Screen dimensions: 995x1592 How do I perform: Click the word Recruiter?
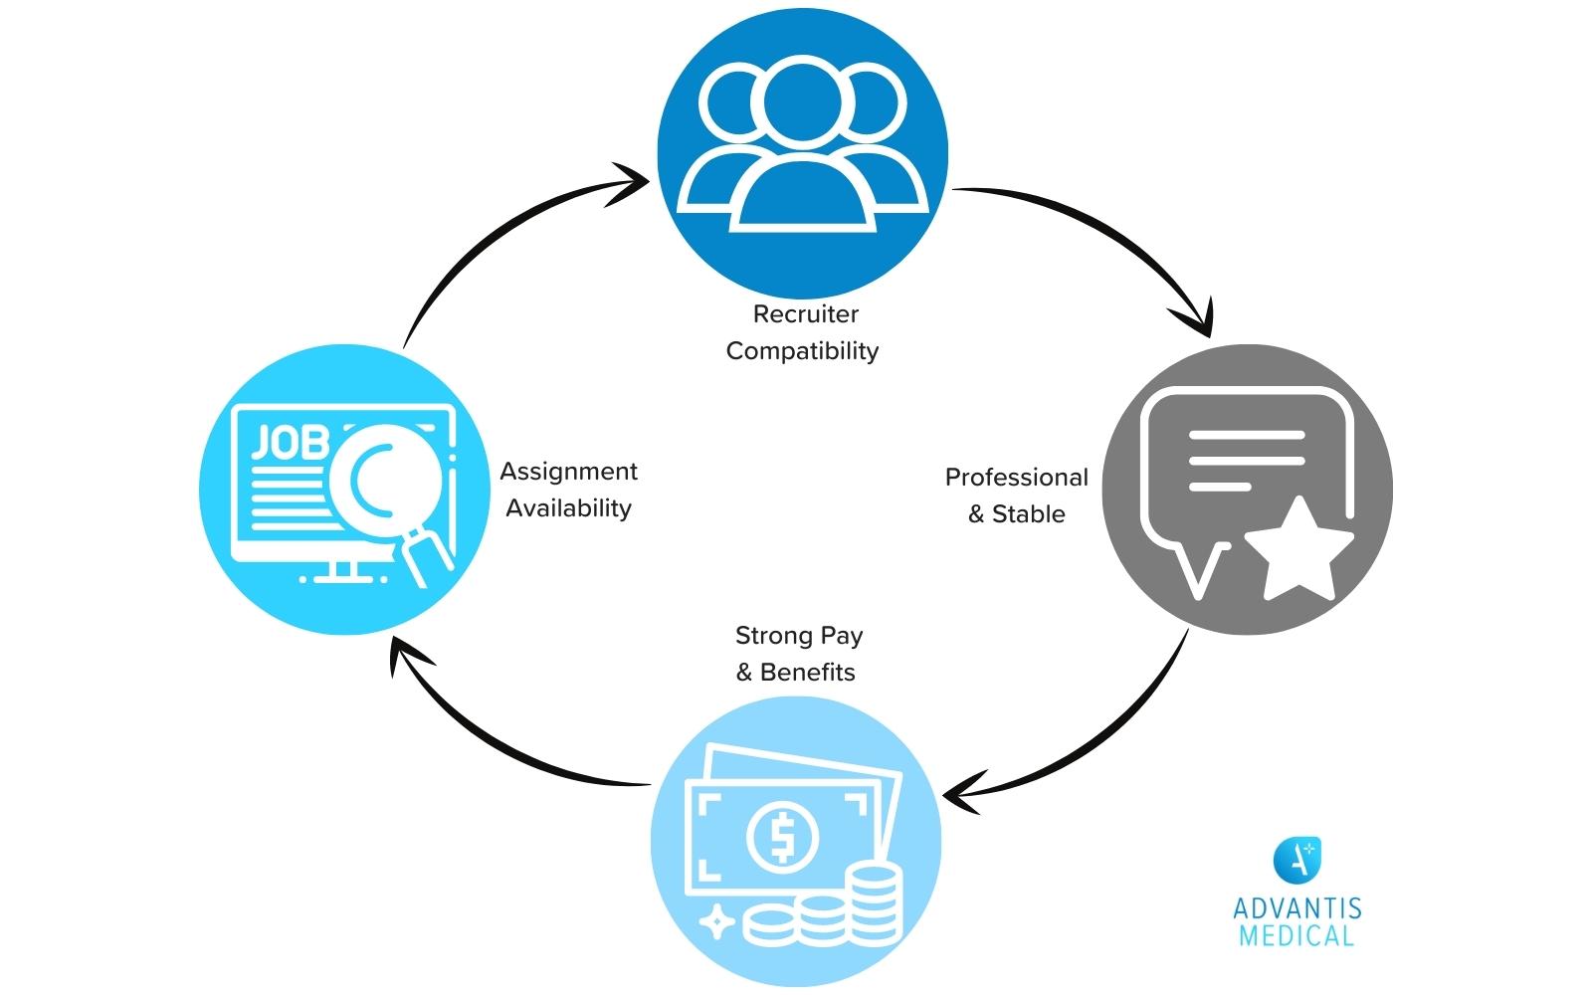pos(805,314)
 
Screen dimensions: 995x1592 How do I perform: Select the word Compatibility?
pos(802,351)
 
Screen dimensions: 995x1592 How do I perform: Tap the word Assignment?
pos(568,472)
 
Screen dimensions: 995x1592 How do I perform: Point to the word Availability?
pos(568,508)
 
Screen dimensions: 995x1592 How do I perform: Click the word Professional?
pos(1016,478)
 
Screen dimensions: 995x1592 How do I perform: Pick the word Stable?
pos(1028,514)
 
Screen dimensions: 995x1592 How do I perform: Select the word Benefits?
pos(807,673)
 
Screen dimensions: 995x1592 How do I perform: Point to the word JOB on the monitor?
pos(289,443)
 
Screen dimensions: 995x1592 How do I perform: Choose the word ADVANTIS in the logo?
pos(1296,908)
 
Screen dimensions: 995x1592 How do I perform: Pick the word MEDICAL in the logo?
pos(1296,935)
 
